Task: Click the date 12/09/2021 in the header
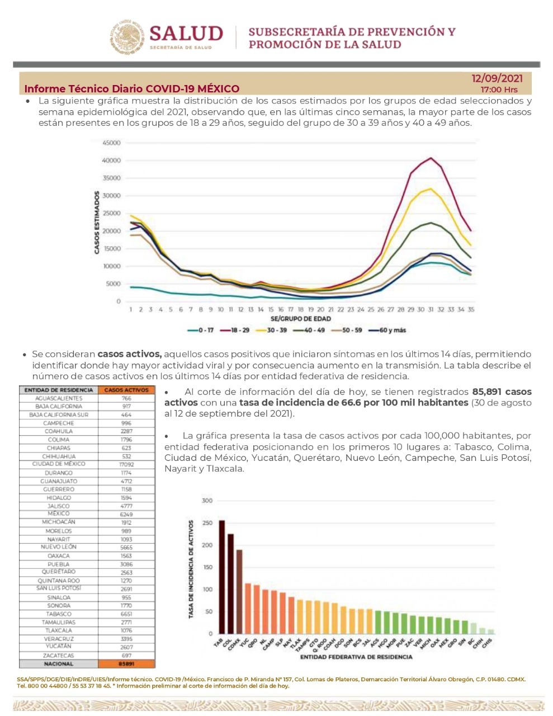[x=497, y=78]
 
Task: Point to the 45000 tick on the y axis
[x=112, y=143]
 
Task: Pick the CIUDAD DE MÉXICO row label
[x=59, y=464]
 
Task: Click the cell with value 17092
[x=126, y=464]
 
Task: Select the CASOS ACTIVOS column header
[x=126, y=390]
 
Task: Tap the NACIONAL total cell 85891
[x=126, y=664]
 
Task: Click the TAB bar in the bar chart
[x=222, y=577]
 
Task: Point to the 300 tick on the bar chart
[x=207, y=501]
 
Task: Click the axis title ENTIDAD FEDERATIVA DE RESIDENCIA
[x=356, y=657]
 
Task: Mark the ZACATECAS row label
[x=59, y=656]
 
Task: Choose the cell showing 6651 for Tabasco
[x=126, y=614]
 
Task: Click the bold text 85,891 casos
[x=502, y=392]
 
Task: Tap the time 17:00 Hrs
[x=499, y=89]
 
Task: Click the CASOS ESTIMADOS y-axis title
[x=97, y=222]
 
